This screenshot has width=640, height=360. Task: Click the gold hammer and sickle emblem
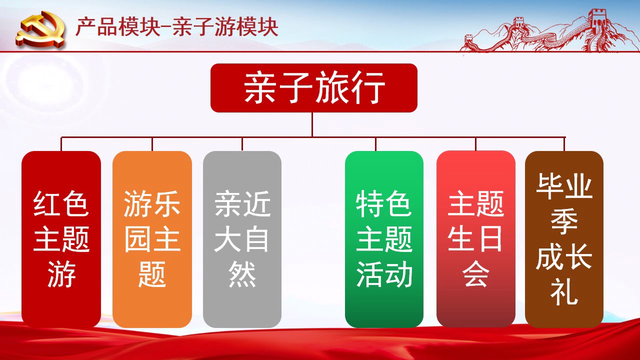(x=40, y=29)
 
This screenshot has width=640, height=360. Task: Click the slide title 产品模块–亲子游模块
(x=177, y=27)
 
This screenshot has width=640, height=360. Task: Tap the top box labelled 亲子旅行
(x=313, y=88)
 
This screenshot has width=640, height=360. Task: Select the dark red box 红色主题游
(x=61, y=239)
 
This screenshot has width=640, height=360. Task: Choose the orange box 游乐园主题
(x=152, y=239)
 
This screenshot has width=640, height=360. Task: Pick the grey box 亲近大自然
(x=242, y=239)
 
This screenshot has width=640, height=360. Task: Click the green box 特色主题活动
(x=384, y=239)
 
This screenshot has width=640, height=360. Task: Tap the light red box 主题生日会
(x=475, y=239)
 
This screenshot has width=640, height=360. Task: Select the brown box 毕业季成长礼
(x=564, y=239)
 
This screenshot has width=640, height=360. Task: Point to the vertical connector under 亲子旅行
(x=312, y=125)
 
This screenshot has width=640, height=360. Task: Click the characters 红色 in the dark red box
(x=61, y=203)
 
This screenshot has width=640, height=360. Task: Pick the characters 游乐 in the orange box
(x=152, y=203)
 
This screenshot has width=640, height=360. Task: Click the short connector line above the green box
(x=375, y=144)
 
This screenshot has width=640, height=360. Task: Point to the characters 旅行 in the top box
(x=350, y=87)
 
